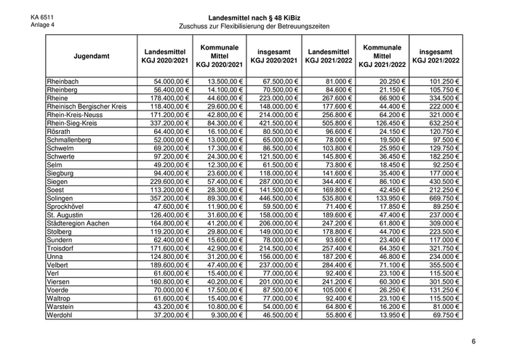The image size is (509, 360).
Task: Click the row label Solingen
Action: pos(61,199)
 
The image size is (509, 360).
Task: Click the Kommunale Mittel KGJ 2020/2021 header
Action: pos(219,55)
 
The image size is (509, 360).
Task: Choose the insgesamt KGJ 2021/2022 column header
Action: pos(436,56)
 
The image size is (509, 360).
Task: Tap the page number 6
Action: pos(473,341)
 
